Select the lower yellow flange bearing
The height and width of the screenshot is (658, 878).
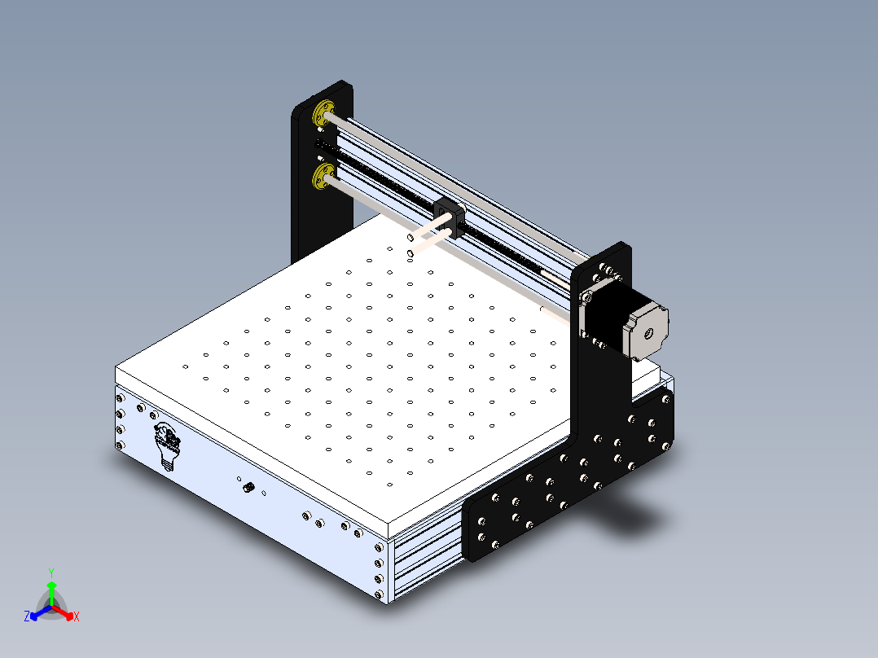coord(324,176)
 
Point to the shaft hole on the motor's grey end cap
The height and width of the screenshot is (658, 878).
coord(649,331)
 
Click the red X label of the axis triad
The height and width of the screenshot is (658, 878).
coord(77,617)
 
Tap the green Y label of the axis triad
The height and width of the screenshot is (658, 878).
coord(50,572)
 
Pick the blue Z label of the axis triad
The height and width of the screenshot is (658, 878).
coord(27,617)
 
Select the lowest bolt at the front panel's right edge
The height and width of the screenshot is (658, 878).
coord(380,594)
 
